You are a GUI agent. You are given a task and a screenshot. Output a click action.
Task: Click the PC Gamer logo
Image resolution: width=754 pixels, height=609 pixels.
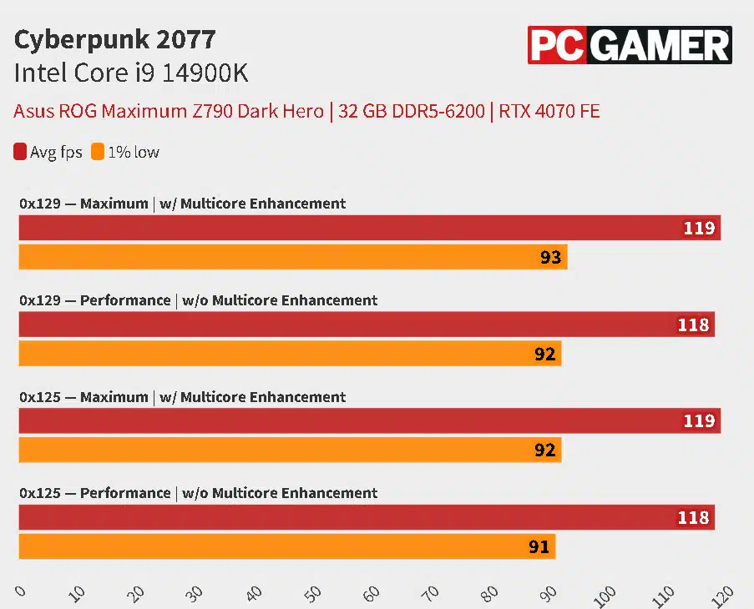(630, 45)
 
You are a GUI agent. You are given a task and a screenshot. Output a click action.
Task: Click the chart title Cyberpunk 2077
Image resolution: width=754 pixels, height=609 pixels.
(114, 39)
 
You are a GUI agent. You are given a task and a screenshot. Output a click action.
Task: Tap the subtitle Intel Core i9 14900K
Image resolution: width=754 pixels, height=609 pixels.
(131, 73)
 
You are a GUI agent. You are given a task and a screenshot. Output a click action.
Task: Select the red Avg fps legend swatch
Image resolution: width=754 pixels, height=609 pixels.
(20, 152)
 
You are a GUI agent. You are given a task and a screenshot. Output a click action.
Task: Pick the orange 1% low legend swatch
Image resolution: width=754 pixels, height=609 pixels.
(98, 152)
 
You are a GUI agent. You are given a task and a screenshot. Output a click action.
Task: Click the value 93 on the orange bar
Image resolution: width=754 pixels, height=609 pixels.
(550, 257)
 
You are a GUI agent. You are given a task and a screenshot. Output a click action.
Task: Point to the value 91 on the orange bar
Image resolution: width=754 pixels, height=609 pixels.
(539, 547)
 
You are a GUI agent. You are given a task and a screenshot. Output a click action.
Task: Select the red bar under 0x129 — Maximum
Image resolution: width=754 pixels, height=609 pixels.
(367, 228)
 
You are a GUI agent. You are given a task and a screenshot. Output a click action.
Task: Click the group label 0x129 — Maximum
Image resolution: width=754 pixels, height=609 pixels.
(182, 204)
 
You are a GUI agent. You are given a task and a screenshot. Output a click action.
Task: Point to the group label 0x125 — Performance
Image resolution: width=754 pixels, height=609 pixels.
(198, 493)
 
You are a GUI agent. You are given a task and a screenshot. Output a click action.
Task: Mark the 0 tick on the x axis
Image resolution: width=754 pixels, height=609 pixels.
(20, 591)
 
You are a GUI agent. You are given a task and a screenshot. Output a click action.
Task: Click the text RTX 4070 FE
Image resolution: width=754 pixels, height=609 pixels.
(549, 111)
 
